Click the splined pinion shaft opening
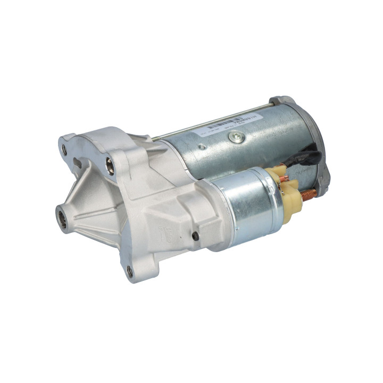point(62,218)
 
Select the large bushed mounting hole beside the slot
point(110,166)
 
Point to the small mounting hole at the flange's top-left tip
point(64,151)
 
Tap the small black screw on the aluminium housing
point(195,235)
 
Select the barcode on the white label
point(223,124)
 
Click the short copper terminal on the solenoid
point(285,179)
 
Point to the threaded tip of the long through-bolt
point(155,139)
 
